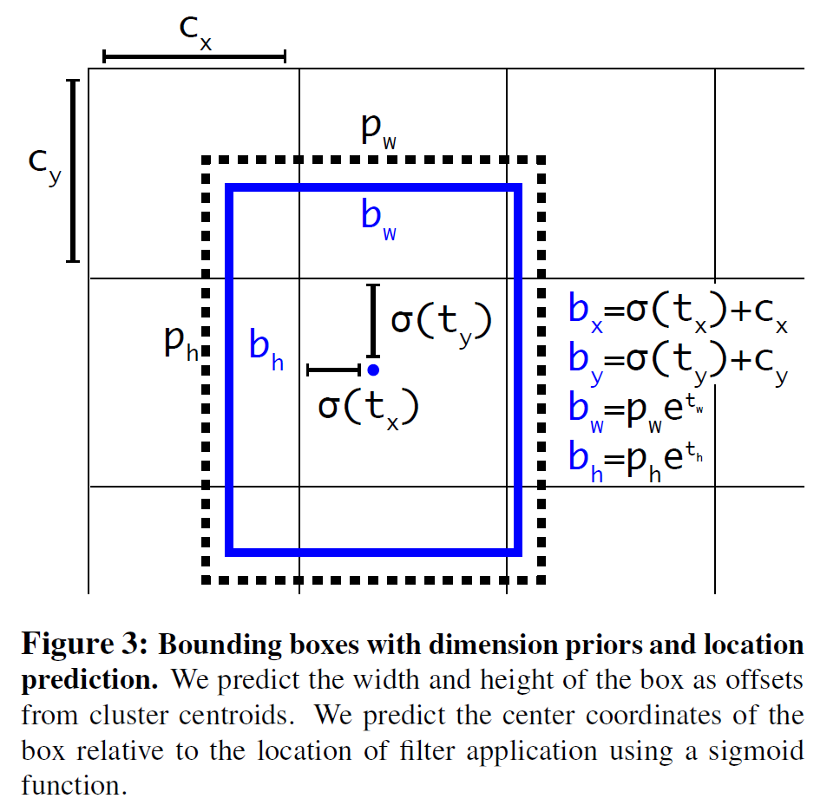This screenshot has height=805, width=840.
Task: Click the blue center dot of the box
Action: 373,370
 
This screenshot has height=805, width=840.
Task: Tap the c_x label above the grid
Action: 195,32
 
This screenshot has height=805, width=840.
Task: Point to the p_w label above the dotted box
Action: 378,130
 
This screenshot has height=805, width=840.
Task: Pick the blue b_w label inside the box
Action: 378,219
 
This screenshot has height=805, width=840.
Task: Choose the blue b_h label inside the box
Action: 266,350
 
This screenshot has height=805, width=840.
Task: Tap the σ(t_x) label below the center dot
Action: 369,408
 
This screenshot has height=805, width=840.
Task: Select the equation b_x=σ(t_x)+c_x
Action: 679,312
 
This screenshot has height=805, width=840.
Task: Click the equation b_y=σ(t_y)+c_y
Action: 679,362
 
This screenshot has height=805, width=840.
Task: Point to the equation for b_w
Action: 636,411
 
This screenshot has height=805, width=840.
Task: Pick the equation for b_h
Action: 636,461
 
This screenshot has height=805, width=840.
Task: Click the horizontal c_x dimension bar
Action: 194,56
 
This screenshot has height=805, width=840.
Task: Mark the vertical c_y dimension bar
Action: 73,171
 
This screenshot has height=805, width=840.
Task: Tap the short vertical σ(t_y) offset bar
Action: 373,321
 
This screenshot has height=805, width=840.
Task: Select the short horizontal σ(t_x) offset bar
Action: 334,370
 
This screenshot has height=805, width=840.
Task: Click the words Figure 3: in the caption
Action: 85,644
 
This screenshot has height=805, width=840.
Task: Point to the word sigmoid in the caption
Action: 756,751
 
